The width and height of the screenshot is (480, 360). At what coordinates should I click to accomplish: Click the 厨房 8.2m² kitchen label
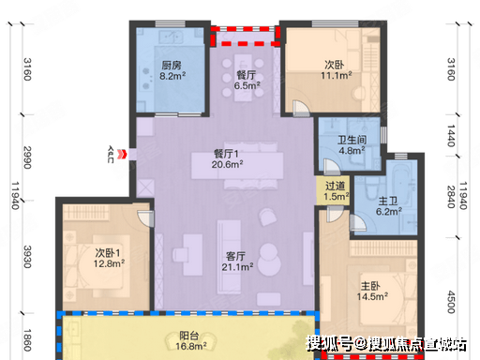click(x=172, y=70)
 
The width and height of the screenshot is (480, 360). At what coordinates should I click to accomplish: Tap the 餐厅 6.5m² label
click(x=247, y=80)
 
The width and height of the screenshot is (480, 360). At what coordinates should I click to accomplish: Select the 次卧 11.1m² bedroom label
click(x=337, y=70)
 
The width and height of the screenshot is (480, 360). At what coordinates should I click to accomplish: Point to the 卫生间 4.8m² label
click(x=352, y=145)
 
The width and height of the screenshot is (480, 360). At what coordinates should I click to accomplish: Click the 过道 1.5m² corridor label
click(x=336, y=191)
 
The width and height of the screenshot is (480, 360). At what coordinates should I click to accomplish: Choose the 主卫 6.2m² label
click(x=388, y=206)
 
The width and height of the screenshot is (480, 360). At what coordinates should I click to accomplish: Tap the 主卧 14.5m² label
click(x=372, y=291)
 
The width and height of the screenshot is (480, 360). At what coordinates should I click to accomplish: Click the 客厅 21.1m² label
click(x=237, y=262)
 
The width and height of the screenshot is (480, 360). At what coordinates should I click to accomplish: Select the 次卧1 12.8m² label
click(x=109, y=258)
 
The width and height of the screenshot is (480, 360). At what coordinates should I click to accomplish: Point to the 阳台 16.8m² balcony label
click(x=190, y=341)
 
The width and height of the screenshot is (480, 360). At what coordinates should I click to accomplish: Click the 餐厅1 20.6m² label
click(x=227, y=158)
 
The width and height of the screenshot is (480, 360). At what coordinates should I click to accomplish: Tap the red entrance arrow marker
click(x=123, y=154)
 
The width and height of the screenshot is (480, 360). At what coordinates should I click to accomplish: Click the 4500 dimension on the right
click(x=451, y=302)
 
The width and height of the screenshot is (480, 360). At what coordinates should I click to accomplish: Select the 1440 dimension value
click(x=451, y=136)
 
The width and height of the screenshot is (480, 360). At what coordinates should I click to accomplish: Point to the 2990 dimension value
click(x=28, y=157)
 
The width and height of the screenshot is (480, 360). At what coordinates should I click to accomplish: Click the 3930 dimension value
click(x=28, y=257)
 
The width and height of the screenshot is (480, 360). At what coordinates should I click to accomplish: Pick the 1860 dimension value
click(x=28, y=340)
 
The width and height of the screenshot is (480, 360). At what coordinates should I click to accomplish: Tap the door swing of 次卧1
click(x=145, y=218)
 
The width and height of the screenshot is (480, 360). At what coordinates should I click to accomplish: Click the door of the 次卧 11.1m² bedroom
click(x=301, y=109)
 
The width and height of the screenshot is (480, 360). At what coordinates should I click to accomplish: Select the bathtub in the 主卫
click(x=400, y=180)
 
